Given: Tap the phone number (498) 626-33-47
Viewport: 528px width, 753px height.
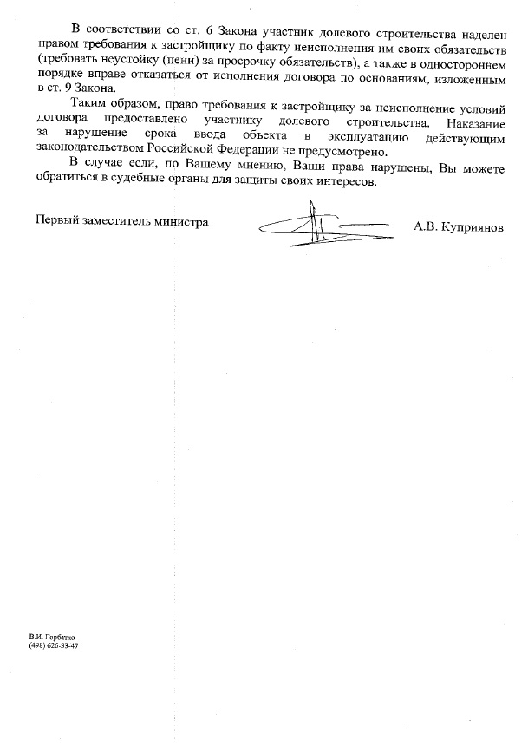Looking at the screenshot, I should pos(54,646).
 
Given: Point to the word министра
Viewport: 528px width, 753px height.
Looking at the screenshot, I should pos(181,222).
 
